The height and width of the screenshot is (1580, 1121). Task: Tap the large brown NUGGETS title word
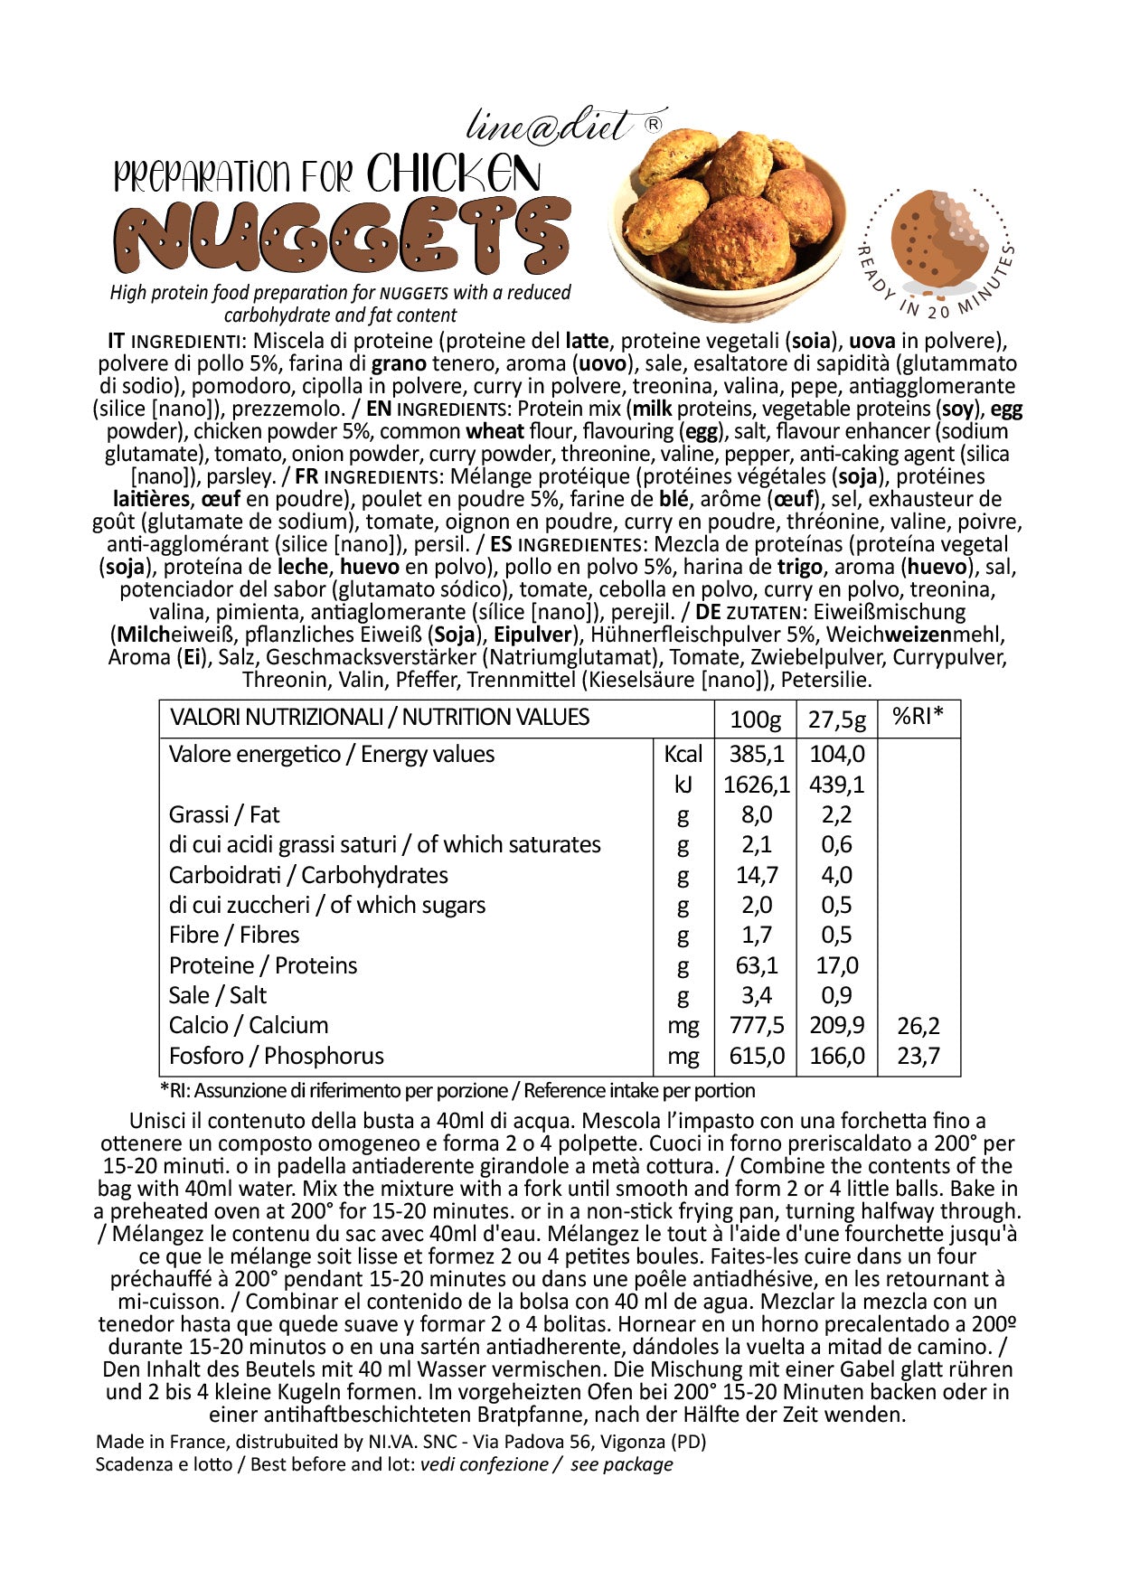343,237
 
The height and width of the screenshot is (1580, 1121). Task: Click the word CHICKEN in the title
454,174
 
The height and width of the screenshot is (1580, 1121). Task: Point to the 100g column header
755,719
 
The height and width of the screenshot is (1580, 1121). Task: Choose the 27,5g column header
836,719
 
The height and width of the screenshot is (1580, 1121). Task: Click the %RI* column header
918,717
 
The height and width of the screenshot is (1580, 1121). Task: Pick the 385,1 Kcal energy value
757,754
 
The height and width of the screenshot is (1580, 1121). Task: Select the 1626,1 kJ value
757,785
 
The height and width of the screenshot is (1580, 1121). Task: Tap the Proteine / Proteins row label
263,965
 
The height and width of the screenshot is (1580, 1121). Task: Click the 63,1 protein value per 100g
757,965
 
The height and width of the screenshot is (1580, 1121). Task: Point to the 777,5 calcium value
757,1026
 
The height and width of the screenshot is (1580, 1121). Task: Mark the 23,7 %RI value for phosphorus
918,1056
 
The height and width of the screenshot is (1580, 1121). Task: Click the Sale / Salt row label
218,995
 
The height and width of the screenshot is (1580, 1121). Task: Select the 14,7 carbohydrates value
757,875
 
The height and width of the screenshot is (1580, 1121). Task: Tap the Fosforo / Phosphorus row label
277,1056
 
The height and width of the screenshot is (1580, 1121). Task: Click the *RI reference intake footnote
457,1091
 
